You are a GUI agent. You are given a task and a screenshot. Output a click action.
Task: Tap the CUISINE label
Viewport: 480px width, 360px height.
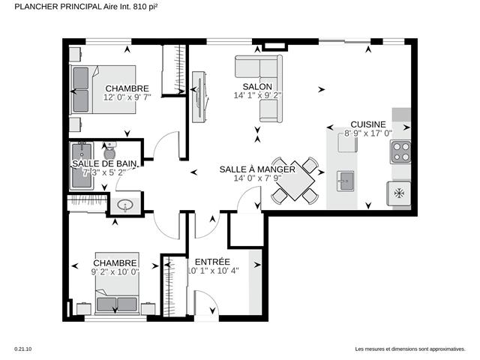367,124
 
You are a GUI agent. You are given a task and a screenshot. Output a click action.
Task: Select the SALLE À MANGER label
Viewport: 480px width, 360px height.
257,169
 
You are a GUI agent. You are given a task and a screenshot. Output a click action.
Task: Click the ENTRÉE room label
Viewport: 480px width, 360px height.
212,261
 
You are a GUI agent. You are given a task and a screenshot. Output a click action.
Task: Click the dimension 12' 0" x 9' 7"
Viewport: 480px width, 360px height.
127,97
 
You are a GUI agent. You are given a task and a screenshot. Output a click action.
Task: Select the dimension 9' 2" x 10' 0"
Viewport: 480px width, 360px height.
115,272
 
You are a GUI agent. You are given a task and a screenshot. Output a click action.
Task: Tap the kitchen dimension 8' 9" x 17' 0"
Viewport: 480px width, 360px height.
368,133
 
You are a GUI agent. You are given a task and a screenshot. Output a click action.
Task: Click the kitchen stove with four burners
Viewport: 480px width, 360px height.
400,153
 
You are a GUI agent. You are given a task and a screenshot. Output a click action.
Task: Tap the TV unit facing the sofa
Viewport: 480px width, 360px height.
199,95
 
